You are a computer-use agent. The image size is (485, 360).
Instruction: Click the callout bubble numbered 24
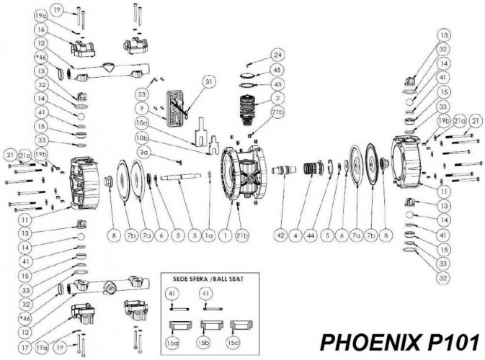pyautogui.click(x=277, y=54)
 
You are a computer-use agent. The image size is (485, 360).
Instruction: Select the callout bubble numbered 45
pyautogui.click(x=277, y=70)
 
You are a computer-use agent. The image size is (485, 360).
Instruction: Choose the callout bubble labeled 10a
pyautogui.click(x=143, y=123)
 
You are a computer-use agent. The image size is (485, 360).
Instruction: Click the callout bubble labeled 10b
pyautogui.click(x=143, y=138)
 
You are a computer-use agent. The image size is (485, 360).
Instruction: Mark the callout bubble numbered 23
pyautogui.click(x=143, y=94)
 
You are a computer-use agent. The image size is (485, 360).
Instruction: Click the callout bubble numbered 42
pyautogui.click(x=282, y=234)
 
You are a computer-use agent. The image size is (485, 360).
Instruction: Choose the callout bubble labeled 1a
pyautogui.click(x=208, y=234)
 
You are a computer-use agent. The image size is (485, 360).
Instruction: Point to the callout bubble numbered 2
pyautogui.click(x=277, y=98)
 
